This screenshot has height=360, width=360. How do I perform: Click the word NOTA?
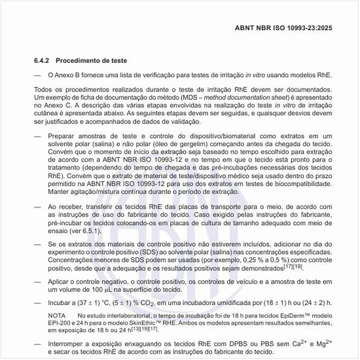58,315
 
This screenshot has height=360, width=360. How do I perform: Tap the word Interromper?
70,344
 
